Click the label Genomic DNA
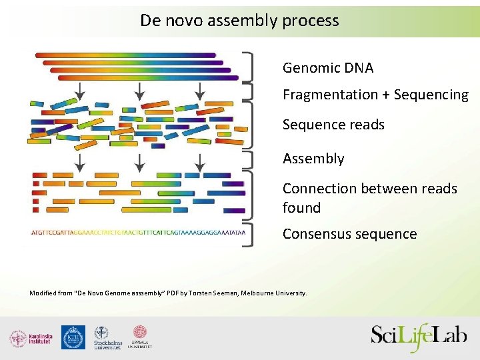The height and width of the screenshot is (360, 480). pos(327,68)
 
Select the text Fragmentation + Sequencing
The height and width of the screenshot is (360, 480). pos(375,95)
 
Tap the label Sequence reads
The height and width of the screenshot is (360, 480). pos(333,125)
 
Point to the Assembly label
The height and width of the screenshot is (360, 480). pos(313,159)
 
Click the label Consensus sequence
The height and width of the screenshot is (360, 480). pos(349,234)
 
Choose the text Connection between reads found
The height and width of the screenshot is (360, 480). pos(369,198)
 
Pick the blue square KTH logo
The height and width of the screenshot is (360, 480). pos(73,337)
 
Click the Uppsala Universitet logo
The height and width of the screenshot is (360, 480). pos(141,337)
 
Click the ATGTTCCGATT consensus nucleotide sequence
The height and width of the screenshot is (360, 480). pos(138,233)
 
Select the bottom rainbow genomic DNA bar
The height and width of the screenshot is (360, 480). pos(148,77)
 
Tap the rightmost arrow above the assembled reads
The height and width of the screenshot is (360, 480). pos(199,162)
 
